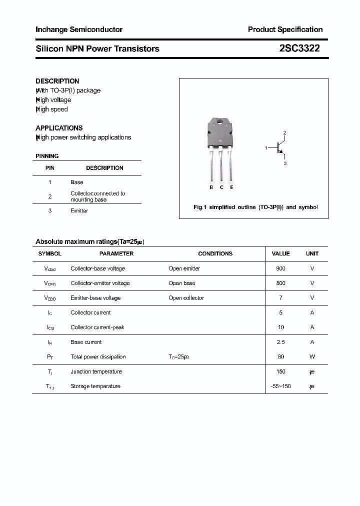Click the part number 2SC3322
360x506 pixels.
[299, 48]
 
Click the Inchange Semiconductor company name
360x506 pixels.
[79, 29]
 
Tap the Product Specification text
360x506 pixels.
[285, 29]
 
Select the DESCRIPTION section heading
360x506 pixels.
[57, 81]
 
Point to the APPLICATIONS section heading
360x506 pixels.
[59, 128]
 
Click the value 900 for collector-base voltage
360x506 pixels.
[280, 268]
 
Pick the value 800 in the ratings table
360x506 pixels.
[280, 283]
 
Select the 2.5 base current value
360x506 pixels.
[280, 342]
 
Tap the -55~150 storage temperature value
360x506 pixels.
[280, 386]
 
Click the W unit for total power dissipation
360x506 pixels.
[312, 356]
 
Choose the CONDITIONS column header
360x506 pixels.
[215, 253]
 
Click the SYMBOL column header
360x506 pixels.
[50, 253]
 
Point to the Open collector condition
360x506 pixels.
[186, 298]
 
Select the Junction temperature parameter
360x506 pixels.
[96, 371]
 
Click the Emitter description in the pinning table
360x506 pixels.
[79, 211]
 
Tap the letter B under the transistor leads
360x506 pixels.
[211, 187]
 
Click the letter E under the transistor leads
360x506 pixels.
[231, 187]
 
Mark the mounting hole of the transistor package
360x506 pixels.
[220, 121]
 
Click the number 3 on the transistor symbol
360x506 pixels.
[284, 163]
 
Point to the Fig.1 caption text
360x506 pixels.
[255, 207]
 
